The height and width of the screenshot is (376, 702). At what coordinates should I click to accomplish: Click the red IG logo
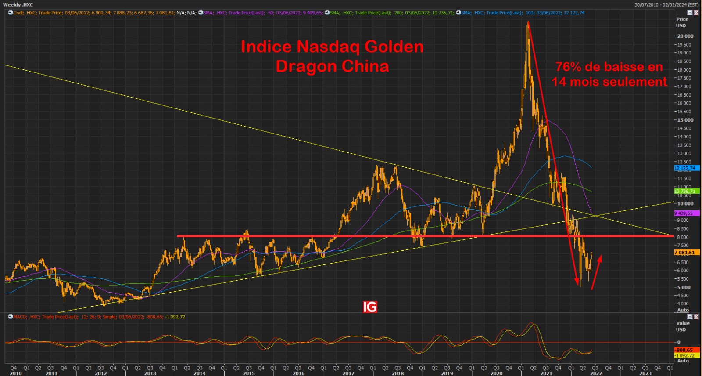370,307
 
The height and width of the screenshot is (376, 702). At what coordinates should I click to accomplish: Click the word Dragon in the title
306,66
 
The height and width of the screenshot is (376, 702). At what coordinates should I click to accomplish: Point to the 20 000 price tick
685,36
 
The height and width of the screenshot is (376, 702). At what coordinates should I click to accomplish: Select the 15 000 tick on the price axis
685,120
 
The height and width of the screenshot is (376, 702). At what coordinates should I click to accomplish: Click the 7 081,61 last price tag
684,253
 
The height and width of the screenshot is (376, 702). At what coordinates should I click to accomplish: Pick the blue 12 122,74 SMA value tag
684,168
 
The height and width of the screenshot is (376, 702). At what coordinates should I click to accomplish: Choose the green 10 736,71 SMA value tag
684,191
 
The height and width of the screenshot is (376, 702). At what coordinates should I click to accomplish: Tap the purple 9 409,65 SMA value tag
684,213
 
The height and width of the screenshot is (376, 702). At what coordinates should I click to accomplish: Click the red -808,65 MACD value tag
684,350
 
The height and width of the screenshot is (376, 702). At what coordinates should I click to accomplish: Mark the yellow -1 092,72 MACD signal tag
684,355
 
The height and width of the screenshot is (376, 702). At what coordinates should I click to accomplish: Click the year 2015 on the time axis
249,373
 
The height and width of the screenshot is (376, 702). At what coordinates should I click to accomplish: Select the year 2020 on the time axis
496,373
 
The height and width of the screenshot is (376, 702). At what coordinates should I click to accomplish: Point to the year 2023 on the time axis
645,373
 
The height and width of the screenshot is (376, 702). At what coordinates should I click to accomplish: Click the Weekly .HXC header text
18,5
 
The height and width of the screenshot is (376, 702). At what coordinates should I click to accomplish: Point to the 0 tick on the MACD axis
679,342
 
